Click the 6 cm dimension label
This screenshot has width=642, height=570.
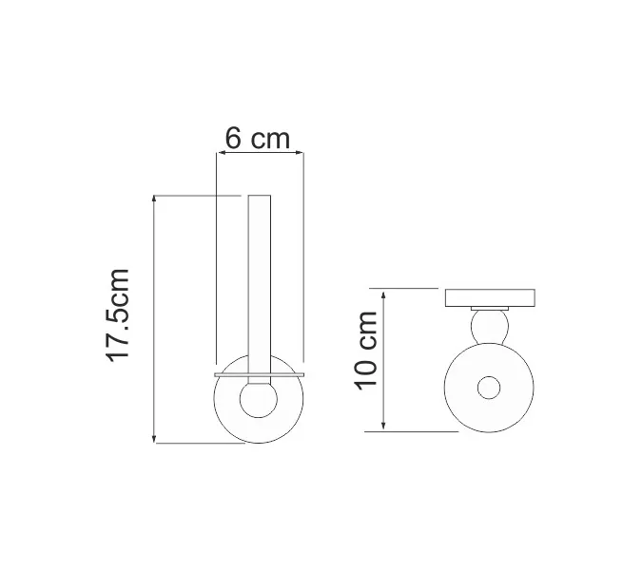coord(257,138)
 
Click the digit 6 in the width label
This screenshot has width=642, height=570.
coord(233,138)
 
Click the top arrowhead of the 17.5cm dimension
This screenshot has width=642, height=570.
coord(155,199)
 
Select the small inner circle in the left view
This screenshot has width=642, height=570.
coord(258,399)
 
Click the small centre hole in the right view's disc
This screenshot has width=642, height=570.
coord(490,388)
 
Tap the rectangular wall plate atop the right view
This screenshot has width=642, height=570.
coord(491,296)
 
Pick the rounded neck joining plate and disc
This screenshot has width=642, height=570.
coord(491,329)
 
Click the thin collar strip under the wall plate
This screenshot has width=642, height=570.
coord(491,308)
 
